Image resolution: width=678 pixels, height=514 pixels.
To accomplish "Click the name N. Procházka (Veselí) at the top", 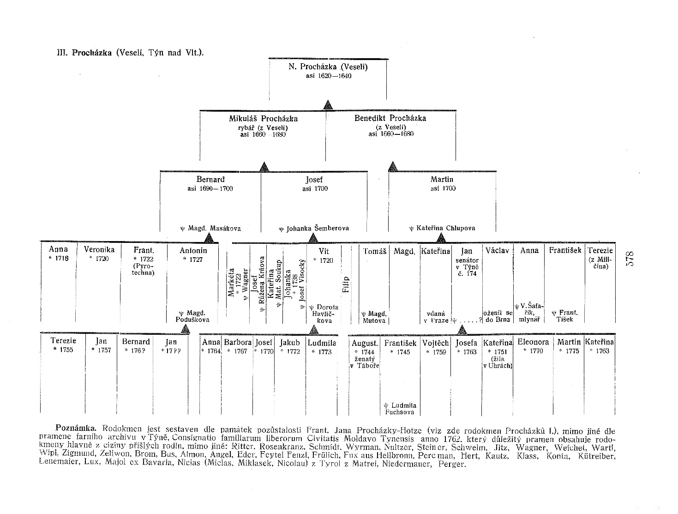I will click(328, 67).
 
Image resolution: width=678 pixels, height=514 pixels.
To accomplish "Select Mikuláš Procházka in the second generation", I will click(263, 118).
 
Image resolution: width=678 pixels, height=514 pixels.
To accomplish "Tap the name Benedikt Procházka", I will click(390, 118).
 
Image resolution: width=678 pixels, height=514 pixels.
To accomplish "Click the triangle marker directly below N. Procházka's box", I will click(328, 105).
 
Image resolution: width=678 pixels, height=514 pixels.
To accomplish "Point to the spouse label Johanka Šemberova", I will click(314, 228).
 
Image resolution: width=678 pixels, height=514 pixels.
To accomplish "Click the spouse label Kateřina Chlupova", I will click(442, 228).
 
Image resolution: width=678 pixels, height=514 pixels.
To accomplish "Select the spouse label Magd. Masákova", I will click(210, 228).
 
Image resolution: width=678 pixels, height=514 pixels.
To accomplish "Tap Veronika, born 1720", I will click(99, 250).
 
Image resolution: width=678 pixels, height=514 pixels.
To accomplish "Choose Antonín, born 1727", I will click(193, 250).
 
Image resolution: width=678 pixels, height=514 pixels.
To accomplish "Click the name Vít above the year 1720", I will click(324, 251).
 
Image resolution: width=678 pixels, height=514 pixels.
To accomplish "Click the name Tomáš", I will click(374, 251).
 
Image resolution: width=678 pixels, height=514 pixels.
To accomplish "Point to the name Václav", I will click(497, 250).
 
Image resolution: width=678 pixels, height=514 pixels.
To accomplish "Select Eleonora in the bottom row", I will click(533, 342).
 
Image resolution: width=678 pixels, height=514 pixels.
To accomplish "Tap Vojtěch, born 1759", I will click(435, 343).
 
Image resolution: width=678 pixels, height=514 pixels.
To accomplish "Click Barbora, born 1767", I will click(237, 343).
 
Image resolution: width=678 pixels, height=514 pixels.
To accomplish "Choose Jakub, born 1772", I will click(290, 343).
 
